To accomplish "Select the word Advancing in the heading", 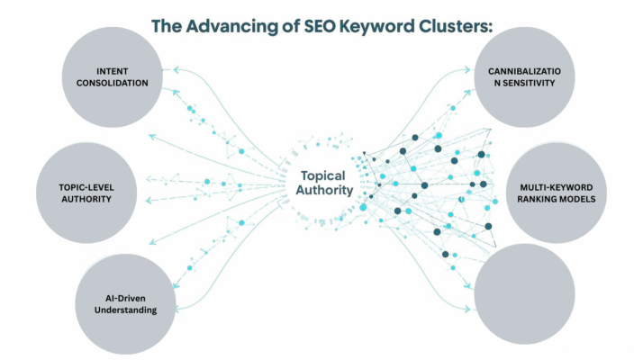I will (x=238, y=26).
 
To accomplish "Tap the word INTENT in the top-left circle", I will (x=113, y=71).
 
